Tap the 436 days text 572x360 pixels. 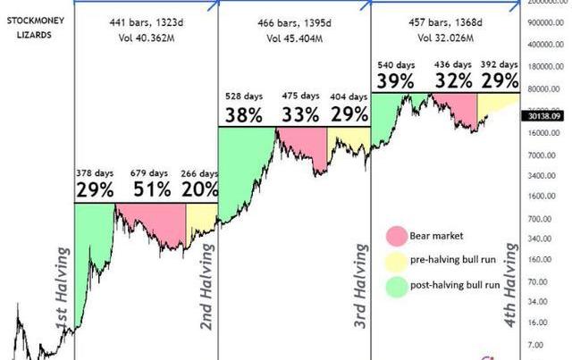(x=452, y=64)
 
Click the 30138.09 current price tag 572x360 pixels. (x=543, y=115)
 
